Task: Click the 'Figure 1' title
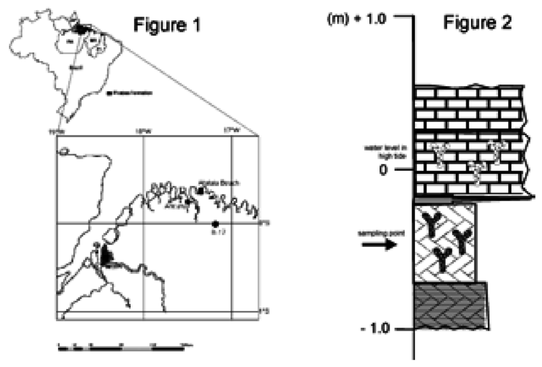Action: pyautogui.click(x=166, y=25)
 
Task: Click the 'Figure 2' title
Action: pyautogui.click(x=477, y=24)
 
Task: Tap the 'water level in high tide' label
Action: pyautogui.click(x=380, y=152)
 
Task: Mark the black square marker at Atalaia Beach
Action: pyautogui.click(x=200, y=191)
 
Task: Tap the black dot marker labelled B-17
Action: pyautogui.click(x=216, y=224)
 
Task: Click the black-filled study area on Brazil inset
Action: pyautogui.click(x=81, y=28)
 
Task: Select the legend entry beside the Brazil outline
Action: pyautogui.click(x=131, y=93)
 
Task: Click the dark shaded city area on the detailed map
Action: pyautogui.click(x=106, y=256)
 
